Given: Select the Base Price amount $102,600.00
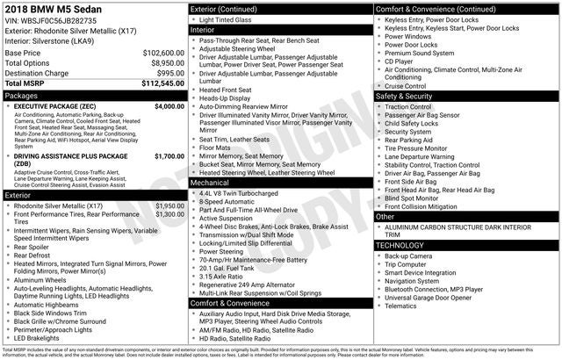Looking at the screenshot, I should pyautogui.click(x=163, y=53).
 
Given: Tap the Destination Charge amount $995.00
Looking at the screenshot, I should pyautogui.click(x=169, y=74).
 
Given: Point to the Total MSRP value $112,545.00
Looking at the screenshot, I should pyautogui.click(x=163, y=84).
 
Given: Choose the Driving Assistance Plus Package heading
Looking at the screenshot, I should pyautogui.click(x=71, y=156).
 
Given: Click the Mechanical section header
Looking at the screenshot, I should pyautogui.click(x=213, y=183).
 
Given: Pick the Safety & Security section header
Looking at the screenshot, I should pyautogui.click(x=407, y=96).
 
